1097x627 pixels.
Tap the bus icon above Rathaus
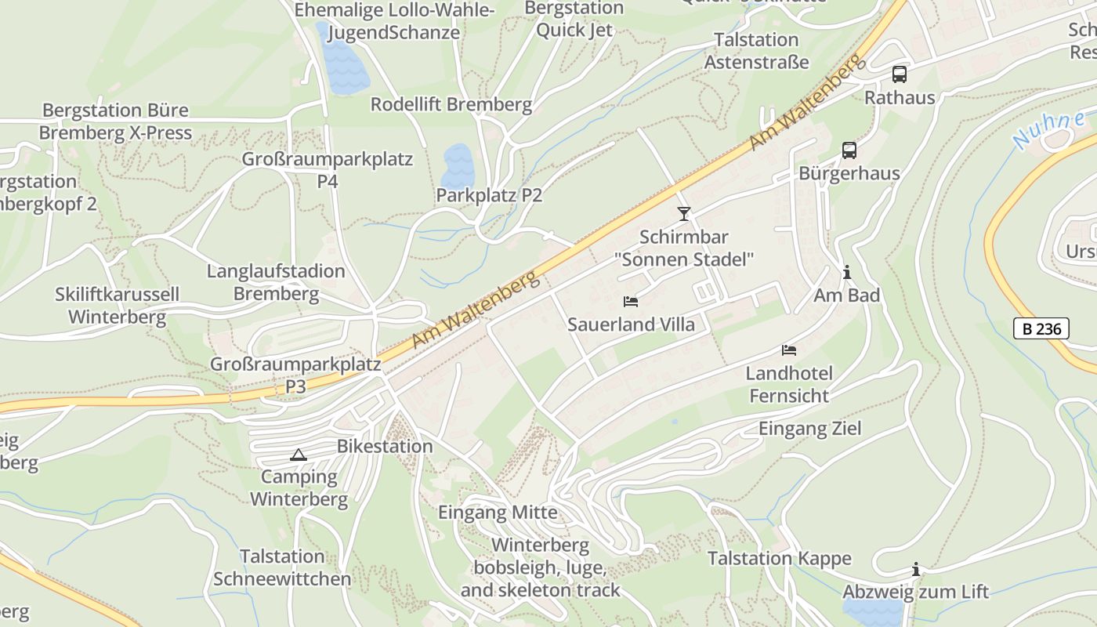tap(900, 74)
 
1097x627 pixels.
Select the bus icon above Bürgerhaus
tap(849, 150)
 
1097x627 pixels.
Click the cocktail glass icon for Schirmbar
tap(684, 213)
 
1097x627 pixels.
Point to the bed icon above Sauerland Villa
tap(631, 301)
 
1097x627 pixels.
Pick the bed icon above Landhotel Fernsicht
tap(789, 350)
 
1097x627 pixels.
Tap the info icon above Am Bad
tap(847, 273)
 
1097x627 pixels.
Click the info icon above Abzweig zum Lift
tap(915, 569)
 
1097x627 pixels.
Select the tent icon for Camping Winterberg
tap(299, 455)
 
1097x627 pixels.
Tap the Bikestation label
tap(385, 446)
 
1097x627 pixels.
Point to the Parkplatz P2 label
tap(489, 195)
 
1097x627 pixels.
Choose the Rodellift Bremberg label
tap(451, 104)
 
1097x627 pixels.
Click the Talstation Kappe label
tap(779, 558)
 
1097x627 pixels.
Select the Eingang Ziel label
tap(809, 428)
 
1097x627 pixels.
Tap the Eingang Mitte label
tap(498, 513)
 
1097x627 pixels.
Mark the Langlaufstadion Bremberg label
tap(276, 282)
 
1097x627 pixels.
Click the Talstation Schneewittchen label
tap(282, 567)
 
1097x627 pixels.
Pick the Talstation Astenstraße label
tap(756, 50)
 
